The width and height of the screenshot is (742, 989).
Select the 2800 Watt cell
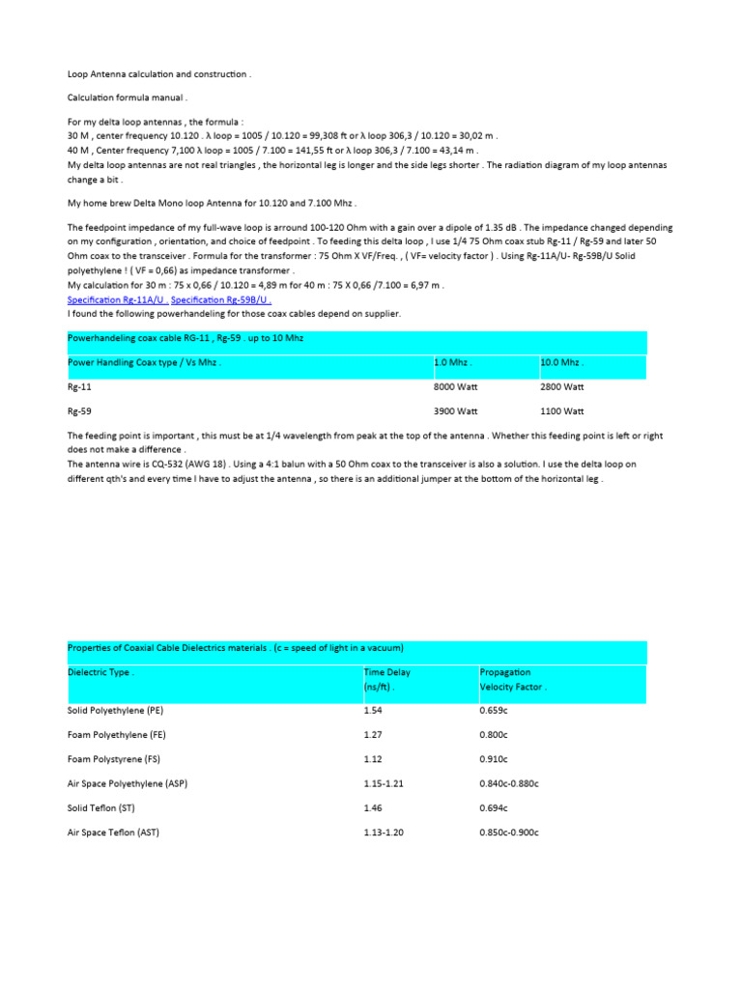[563, 386]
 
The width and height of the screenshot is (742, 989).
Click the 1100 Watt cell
[563, 410]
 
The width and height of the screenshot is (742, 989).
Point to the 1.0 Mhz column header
[454, 363]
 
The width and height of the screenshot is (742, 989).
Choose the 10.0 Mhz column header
[562, 363]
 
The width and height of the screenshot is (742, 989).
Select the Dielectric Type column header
[101, 672]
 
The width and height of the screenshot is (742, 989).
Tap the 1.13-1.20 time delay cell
[383, 832]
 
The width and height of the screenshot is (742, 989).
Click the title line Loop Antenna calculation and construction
[158, 73]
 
